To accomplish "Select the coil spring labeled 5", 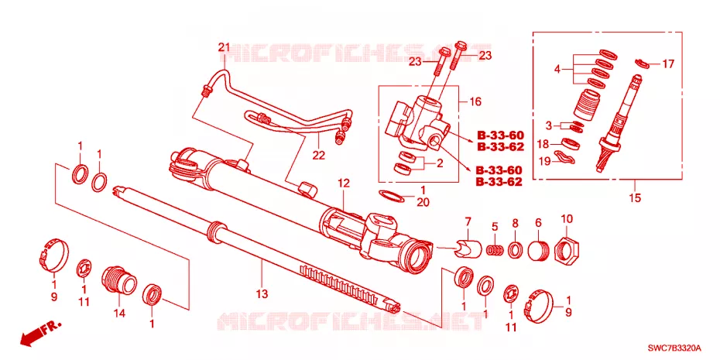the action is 495,250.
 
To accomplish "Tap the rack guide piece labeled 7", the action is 468,249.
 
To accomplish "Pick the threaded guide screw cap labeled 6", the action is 539,250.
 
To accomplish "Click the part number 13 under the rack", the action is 262,294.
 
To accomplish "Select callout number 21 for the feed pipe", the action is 223,46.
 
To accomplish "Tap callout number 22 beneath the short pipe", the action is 319,156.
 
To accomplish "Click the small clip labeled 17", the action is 641,63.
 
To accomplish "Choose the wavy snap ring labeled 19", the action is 564,156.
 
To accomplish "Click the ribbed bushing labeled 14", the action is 118,279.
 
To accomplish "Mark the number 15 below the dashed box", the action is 635,198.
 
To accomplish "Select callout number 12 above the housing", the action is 344,183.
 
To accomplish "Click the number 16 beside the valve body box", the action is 475,101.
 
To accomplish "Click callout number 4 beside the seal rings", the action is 557,70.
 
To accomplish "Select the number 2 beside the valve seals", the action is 440,163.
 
